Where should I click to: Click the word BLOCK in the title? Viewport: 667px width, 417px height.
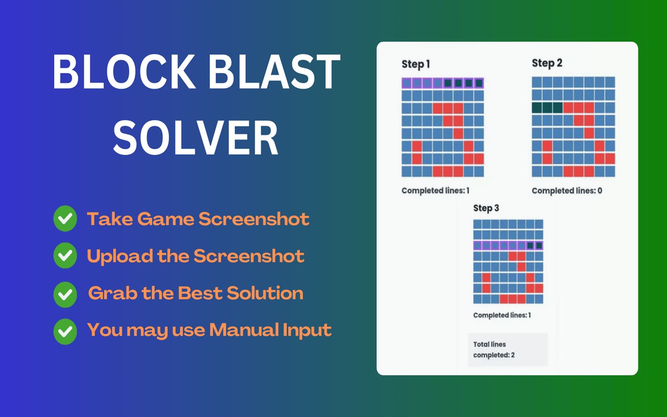click(x=124, y=72)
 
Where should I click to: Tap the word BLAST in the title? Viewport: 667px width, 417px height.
click(x=275, y=72)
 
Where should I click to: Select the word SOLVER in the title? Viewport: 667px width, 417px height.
click(x=195, y=137)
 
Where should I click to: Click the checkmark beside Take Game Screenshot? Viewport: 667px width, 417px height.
click(x=65, y=218)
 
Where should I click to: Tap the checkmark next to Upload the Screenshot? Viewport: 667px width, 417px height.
click(x=65, y=255)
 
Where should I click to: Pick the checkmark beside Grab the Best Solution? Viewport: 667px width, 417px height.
click(x=65, y=295)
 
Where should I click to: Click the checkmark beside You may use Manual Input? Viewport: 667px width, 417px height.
click(x=65, y=332)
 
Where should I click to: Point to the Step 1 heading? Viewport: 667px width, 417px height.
click(x=416, y=64)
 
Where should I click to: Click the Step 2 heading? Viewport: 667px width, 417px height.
click(x=547, y=63)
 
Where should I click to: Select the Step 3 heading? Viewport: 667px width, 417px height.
click(x=486, y=208)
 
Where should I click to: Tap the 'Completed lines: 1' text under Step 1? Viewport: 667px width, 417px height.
click(x=435, y=190)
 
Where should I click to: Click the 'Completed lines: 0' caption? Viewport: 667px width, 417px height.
click(x=567, y=191)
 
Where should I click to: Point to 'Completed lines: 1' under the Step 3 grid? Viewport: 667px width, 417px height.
click(x=502, y=315)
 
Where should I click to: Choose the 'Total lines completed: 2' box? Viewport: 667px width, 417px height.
click(x=508, y=349)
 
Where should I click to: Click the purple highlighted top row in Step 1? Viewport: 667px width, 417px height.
click(x=442, y=83)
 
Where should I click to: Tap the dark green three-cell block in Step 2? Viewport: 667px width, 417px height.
click(x=547, y=107)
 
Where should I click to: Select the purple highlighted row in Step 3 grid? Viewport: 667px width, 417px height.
click(x=508, y=246)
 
